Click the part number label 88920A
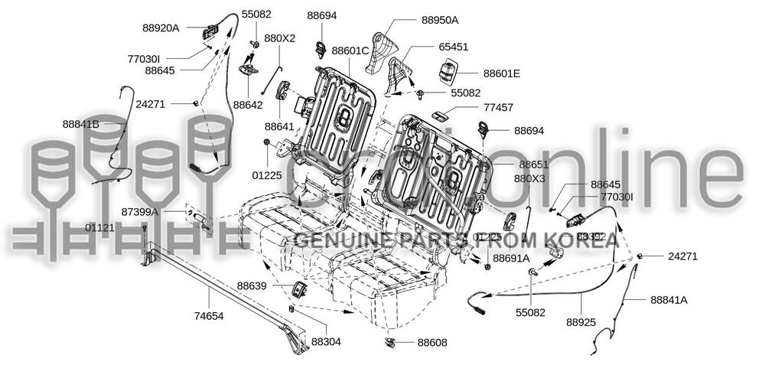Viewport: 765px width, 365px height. (161, 28)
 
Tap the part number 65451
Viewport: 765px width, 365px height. (454, 47)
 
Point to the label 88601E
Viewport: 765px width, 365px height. (502, 73)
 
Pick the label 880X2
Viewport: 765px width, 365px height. (280, 37)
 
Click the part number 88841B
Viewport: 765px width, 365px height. (82, 123)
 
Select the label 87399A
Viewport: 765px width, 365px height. (140, 211)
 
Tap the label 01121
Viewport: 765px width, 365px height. (100, 228)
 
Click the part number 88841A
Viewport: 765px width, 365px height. (669, 300)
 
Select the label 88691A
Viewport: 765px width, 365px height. (511, 259)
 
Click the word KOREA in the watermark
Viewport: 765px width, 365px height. (582, 241)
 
